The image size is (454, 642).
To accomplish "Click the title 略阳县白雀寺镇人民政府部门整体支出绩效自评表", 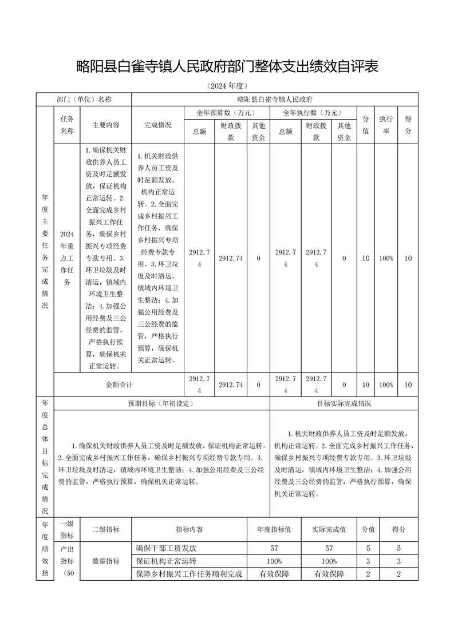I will click(227, 67).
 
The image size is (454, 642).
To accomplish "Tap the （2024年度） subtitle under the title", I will click(227, 86).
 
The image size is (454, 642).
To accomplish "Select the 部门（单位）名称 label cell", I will click(84, 99).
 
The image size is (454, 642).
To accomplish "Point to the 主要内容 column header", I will click(106, 125).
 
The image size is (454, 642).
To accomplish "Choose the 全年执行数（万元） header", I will click(313, 113).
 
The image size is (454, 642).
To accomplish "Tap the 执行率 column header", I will click(386, 125).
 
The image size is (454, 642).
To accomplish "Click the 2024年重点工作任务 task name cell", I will click(67, 258).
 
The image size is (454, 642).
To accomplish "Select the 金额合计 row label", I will click(119, 385).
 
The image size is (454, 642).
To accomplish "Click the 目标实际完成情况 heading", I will click(344, 403).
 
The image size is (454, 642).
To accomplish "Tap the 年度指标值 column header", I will click(274, 530).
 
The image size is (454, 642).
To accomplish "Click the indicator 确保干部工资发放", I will click(166, 548).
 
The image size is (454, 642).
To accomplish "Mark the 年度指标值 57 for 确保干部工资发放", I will click(274, 548).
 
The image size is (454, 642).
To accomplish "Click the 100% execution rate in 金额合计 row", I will click(386, 385).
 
